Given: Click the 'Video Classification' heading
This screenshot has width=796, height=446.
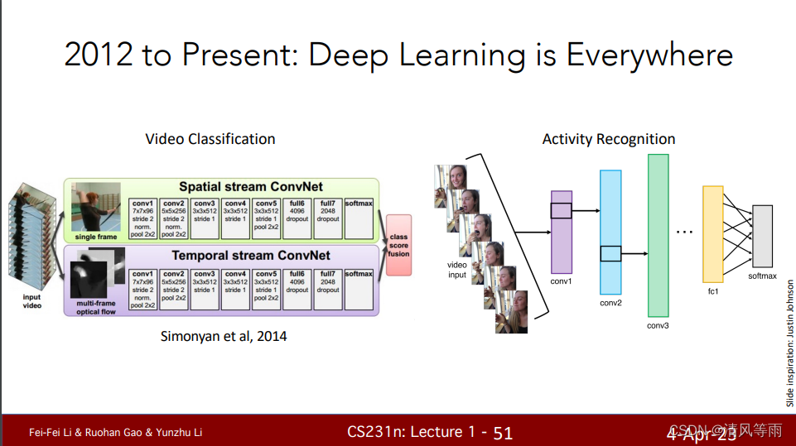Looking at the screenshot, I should click(x=210, y=139).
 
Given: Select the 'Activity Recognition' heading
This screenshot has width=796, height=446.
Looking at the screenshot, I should click(x=609, y=139).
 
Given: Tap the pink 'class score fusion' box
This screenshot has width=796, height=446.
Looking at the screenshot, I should click(x=398, y=245).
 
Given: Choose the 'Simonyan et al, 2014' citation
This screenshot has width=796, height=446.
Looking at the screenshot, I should click(x=224, y=336).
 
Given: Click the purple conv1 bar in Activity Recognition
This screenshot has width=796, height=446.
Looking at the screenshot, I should click(x=561, y=232).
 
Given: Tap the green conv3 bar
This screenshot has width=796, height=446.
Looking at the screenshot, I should click(x=658, y=236).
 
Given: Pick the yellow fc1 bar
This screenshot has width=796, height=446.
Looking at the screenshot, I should click(x=712, y=234).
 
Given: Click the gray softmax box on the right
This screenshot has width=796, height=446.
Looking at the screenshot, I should click(x=762, y=236).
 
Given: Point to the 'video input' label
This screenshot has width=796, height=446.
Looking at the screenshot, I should click(x=457, y=270).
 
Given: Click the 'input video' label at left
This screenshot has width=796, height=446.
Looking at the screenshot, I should click(x=31, y=300).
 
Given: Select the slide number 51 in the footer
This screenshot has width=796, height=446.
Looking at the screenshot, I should click(x=503, y=432).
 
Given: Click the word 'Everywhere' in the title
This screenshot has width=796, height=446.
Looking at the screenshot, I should click(x=649, y=55).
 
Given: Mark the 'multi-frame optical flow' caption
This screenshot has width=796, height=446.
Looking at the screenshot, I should click(x=96, y=308).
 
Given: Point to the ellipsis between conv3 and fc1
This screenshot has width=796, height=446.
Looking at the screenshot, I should click(x=684, y=232).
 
